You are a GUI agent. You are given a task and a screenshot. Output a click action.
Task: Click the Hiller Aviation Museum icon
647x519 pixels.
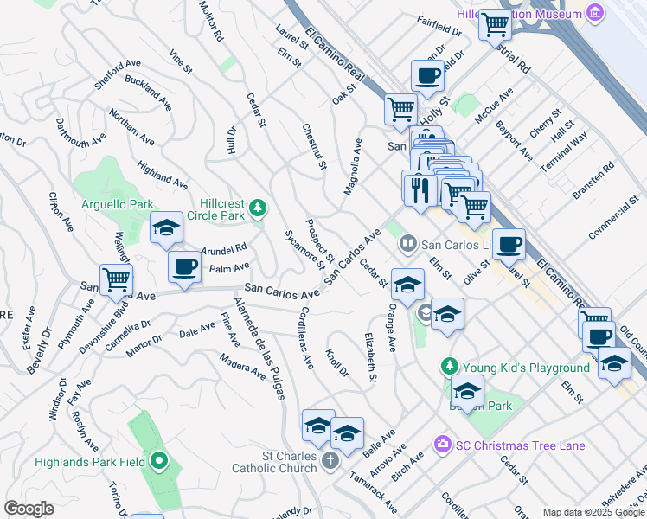(594, 15)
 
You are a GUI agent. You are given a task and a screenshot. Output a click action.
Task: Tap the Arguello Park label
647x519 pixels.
(117, 204)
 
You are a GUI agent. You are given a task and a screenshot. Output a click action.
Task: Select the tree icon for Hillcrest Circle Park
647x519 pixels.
(257, 208)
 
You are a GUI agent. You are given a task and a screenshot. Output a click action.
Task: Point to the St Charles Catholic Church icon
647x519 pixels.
(330, 461)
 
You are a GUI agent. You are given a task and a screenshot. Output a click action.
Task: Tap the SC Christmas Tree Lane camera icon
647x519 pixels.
(444, 445)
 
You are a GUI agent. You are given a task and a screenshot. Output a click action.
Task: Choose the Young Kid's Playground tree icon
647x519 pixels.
(449, 367)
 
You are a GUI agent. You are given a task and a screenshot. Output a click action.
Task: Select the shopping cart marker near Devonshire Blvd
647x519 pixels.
(116, 279)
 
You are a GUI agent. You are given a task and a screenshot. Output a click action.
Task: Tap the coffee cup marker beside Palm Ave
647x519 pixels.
(184, 267)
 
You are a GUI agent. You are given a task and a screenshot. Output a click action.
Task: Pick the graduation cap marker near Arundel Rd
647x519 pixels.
(166, 228)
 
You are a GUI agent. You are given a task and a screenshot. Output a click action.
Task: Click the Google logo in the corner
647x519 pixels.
(29, 509)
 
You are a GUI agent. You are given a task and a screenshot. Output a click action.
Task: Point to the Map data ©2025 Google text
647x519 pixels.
(593, 511)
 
